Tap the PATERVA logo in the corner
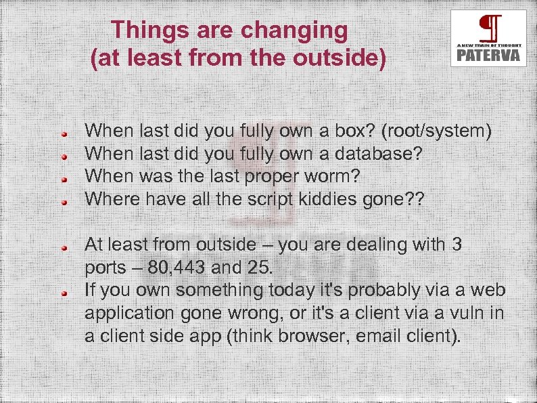pos(488,38)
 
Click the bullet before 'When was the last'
pos(62,179)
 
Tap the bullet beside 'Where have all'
pos(62,202)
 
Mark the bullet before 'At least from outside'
pos(62,247)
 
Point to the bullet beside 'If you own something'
pos(62,293)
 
